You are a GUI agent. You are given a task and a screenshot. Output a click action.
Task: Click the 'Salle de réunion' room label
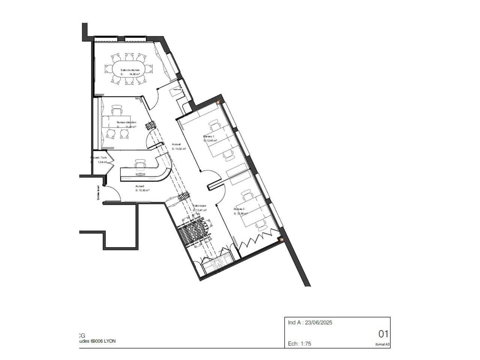[x=130, y=70]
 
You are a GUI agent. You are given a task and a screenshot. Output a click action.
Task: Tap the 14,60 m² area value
[x=134, y=75]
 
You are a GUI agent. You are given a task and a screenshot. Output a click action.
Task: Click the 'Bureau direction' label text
[x=126, y=123]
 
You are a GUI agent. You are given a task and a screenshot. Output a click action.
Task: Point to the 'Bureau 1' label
[x=208, y=136]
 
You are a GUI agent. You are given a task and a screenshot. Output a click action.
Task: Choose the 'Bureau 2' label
[x=239, y=209]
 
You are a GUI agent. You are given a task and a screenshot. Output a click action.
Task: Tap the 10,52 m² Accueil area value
[x=180, y=149]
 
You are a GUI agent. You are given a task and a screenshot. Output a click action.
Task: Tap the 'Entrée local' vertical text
[x=98, y=193]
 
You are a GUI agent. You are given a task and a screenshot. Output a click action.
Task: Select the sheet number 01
[x=383, y=334]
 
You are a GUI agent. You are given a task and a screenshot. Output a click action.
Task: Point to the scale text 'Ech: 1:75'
[x=299, y=343]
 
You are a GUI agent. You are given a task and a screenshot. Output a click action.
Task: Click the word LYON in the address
[x=109, y=341]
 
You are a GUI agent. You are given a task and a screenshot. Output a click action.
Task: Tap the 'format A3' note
[x=382, y=344]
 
